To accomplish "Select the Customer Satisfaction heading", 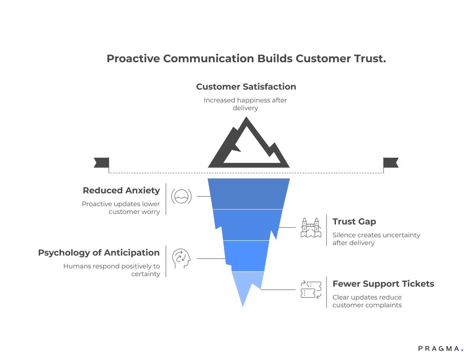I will coord(246,86).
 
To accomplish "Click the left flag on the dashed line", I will coord(101,162).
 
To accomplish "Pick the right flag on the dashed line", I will coord(390,162).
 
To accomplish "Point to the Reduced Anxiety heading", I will coord(121,190).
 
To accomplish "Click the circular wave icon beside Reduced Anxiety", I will coord(181,196).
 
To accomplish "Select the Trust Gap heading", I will coord(354,221).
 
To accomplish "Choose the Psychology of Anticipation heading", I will coord(99,252).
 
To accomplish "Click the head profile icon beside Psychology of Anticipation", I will coord(181,258).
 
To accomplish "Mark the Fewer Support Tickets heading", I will coord(383,284).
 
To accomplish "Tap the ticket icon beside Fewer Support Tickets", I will coord(311,290).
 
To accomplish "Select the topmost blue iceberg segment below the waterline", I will coord(248,194).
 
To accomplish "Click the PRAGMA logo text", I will coord(440,348).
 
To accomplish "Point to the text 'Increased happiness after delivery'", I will coord(245,104).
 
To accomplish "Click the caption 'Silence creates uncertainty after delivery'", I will coord(376,239).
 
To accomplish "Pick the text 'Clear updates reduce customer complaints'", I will coord(367,301).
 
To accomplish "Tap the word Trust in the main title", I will coord(367,59).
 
